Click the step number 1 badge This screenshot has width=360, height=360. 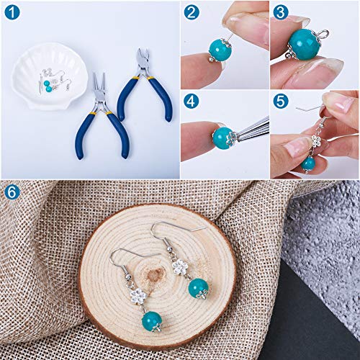[12, 12]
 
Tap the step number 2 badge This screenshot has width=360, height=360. [191, 12]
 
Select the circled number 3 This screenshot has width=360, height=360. [280, 12]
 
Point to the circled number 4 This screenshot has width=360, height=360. [191, 101]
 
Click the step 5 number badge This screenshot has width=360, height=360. [280, 101]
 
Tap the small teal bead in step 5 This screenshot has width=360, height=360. [308, 163]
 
